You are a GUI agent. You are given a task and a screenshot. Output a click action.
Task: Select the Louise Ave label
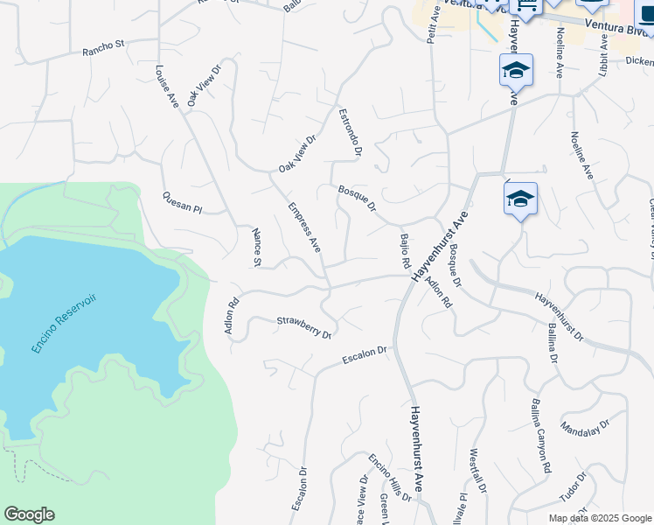[x=167, y=87]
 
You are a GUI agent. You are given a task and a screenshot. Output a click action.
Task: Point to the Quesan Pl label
[x=182, y=203]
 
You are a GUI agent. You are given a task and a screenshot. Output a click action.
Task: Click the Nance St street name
[x=256, y=247]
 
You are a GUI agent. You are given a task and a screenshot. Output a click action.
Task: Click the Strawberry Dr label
[x=304, y=327]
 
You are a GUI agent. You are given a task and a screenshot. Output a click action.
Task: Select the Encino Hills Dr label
[x=389, y=477]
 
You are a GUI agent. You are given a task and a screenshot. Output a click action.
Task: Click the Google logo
[x=29, y=514]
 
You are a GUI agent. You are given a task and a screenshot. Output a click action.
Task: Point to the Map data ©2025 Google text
[x=600, y=518]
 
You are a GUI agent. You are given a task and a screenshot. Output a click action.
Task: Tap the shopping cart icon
[x=526, y=7]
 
